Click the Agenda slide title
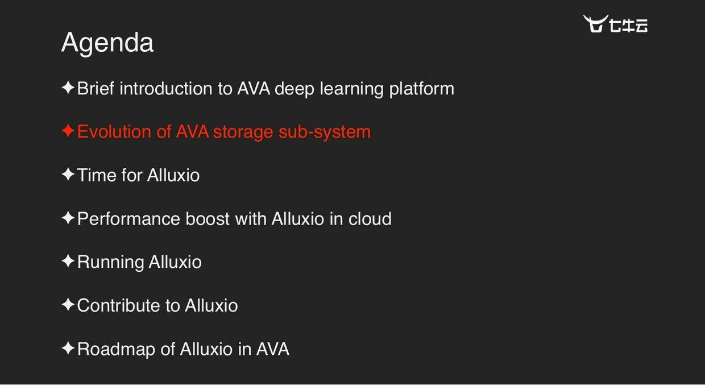click(107, 43)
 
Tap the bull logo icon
click(595, 24)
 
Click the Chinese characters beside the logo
click(628, 26)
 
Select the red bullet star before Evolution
click(68, 131)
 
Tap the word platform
click(421, 89)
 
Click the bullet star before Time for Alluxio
click(68, 175)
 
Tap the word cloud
click(370, 219)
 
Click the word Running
click(110, 262)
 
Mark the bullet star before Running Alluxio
click(68, 262)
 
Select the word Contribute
click(118, 305)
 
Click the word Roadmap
click(116, 349)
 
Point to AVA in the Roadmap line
click(272, 349)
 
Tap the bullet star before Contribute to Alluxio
click(68, 305)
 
